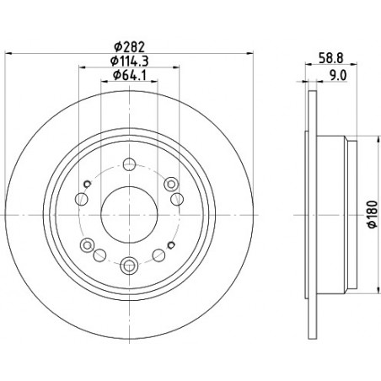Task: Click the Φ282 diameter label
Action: click(129, 46)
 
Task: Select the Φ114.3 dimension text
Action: click(129, 61)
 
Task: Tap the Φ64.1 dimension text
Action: click(129, 75)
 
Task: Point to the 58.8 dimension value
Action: click(331, 58)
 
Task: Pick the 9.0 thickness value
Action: click(338, 75)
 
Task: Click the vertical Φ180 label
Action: click(373, 214)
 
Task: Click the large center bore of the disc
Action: click(129, 215)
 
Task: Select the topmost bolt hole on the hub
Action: click(129, 164)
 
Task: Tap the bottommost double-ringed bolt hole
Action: click(129, 266)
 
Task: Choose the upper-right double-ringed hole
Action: click(171, 184)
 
